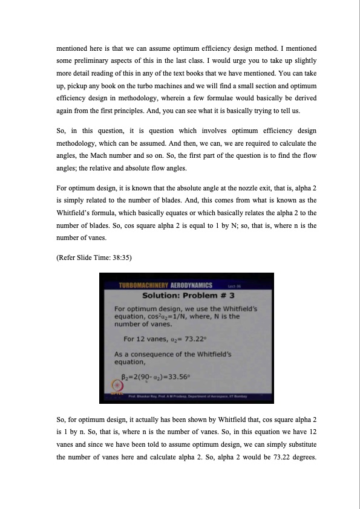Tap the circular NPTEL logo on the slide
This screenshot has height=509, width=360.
(116, 387)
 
